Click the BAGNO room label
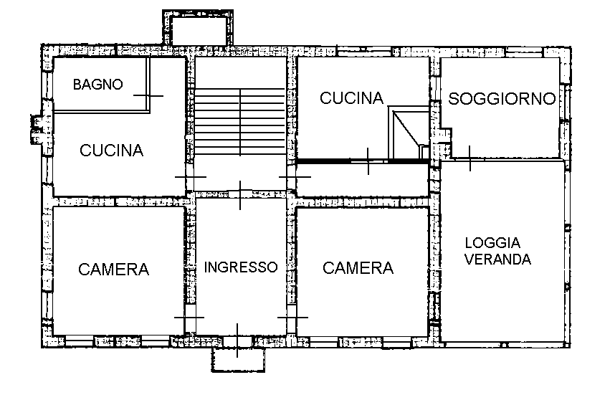coord(98,84)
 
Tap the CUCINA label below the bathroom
coord(112,151)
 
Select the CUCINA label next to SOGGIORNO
coord(352,98)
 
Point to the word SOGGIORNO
coord(502,99)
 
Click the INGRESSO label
coord(241,267)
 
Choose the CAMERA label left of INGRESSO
coord(113,270)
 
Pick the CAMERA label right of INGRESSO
coord(358,268)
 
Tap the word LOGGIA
coord(492,243)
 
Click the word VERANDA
coord(498,260)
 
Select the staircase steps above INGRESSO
coord(240,122)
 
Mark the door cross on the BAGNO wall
coord(148,96)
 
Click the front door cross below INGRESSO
coord(237,340)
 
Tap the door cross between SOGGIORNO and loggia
coord(470,158)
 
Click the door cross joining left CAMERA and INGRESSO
coord(189,317)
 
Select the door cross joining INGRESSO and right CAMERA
coord(292,317)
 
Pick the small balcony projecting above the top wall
coord(198,28)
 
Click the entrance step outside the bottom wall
coord(238,361)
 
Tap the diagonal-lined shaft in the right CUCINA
coord(409,133)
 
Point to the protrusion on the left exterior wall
coord(36,129)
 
